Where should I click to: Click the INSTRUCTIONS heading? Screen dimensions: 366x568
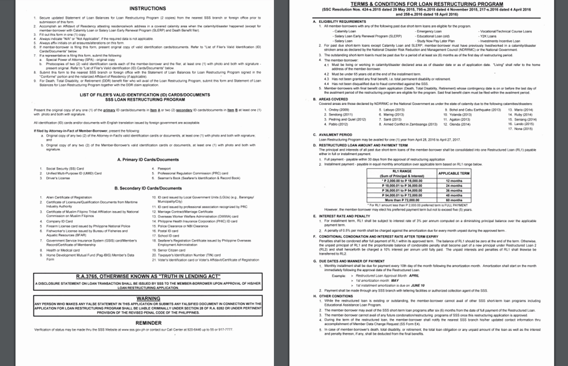[x=148, y=9]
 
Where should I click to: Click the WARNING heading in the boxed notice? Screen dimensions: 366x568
[x=148, y=298]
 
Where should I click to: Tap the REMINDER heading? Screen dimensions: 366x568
[x=148, y=323]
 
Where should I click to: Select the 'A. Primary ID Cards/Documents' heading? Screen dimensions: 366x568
[x=148, y=159]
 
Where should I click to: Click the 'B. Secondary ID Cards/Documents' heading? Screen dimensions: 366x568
[x=148, y=188]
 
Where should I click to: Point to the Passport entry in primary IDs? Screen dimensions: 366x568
[x=164, y=169]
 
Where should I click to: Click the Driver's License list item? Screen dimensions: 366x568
[x=58, y=178]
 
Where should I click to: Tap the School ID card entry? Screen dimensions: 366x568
[x=168, y=236]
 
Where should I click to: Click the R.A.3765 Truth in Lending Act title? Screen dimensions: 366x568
[x=148, y=276]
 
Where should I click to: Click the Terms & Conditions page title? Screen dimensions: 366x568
[x=427, y=4]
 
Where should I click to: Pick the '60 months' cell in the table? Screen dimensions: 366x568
[x=454, y=200]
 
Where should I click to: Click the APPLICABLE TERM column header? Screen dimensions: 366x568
[x=454, y=173]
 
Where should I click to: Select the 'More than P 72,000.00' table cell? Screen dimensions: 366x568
[x=402, y=200]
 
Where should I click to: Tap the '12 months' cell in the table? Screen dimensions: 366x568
[x=454, y=181]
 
